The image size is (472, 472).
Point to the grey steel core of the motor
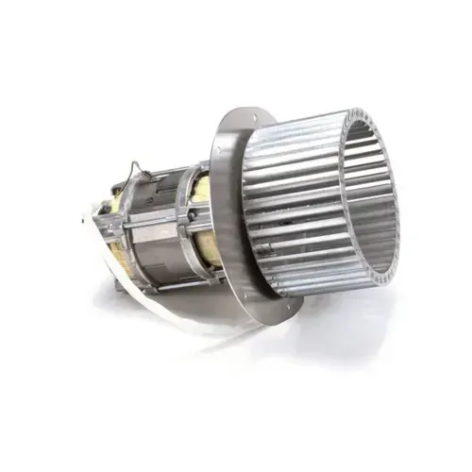156,231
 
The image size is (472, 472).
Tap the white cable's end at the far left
87,219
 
